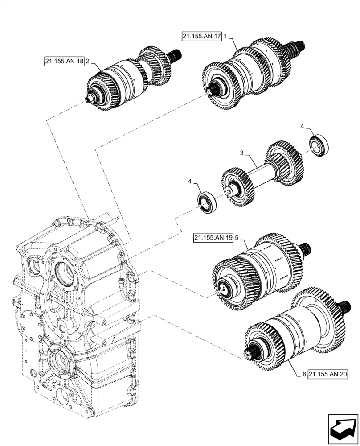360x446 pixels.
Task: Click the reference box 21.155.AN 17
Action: point(201,37)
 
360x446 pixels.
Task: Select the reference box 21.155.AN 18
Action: point(64,62)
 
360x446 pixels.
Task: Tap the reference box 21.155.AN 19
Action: point(213,238)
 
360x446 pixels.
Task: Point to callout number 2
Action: point(88,62)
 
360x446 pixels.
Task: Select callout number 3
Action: point(242,153)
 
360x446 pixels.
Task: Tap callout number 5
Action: point(237,238)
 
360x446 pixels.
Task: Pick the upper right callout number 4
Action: point(302,127)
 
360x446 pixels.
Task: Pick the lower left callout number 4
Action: point(190,182)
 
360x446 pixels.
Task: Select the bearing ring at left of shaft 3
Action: point(208,203)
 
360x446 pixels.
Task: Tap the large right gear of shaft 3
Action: point(285,163)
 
